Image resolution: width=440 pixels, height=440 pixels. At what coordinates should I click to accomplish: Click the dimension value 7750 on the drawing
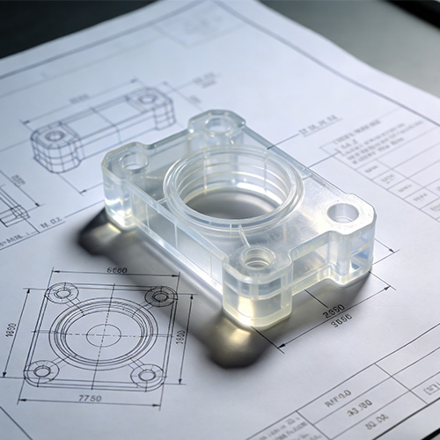(89, 399)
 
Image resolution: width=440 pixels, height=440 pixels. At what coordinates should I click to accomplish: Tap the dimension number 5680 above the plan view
(116, 270)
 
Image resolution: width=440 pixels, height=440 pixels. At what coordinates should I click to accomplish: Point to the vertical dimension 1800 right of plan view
(181, 336)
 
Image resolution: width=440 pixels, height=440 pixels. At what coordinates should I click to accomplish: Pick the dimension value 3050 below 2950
(340, 322)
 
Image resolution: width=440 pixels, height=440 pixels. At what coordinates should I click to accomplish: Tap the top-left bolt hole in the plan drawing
(62, 292)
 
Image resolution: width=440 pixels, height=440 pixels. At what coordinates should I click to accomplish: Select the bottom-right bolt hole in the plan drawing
(146, 376)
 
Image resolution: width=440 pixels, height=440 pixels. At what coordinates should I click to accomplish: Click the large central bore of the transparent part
(231, 200)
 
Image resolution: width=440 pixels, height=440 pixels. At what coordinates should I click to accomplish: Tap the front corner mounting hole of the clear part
(257, 259)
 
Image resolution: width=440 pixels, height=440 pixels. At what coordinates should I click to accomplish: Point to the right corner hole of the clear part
(342, 212)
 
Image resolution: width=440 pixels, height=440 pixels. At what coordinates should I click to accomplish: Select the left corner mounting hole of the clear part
(133, 161)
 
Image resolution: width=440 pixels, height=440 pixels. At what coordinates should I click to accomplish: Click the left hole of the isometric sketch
(55, 136)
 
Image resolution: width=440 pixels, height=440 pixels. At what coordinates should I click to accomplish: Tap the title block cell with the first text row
(338, 392)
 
